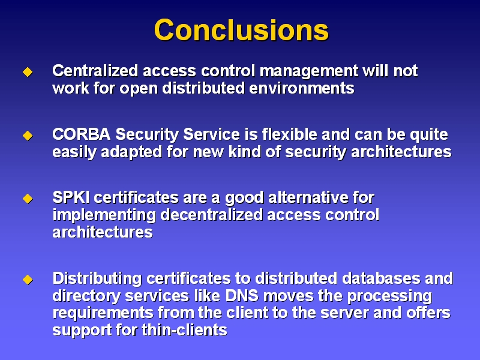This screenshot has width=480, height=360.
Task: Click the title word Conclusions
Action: point(241,29)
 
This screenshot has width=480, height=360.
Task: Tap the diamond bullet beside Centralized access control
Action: point(28,72)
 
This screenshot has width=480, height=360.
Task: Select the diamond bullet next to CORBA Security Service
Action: point(28,136)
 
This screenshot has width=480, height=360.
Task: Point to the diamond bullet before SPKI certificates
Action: point(28,199)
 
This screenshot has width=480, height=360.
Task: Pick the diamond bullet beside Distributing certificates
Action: point(28,279)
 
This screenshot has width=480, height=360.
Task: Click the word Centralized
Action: point(95,71)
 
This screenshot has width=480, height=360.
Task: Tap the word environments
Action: point(302,88)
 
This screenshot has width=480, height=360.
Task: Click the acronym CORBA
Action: point(82,134)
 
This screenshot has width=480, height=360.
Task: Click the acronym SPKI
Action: point(71,197)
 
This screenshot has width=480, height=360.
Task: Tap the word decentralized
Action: point(212,215)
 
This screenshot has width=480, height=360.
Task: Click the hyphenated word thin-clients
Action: point(184,331)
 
